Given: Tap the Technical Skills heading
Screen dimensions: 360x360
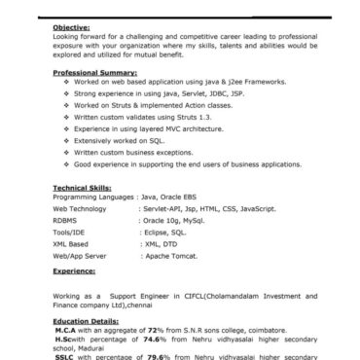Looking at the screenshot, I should tap(82, 185).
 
